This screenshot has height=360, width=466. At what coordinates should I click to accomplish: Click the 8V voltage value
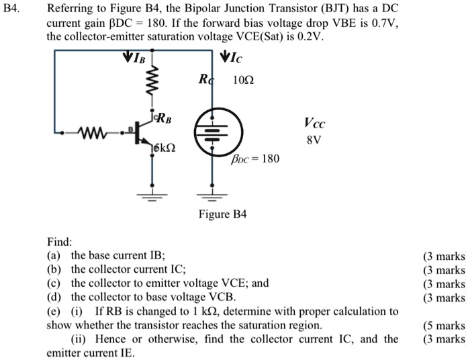click(x=314, y=142)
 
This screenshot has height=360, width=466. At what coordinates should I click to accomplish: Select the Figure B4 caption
click(x=223, y=214)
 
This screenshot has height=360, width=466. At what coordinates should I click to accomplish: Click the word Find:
click(x=59, y=240)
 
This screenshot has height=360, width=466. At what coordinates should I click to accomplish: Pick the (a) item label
click(x=54, y=255)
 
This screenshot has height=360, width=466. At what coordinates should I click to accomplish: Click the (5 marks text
click(x=444, y=325)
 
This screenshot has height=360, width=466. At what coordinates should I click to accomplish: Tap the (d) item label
click(x=54, y=297)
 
